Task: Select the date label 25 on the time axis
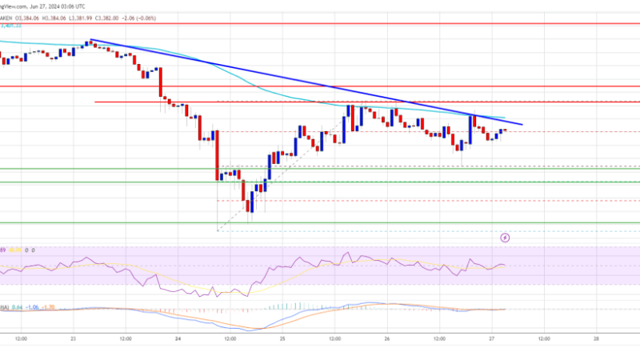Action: coord(282,338)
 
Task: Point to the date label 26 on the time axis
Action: coord(387,338)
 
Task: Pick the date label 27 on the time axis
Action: coord(492,338)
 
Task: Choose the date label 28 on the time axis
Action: coord(597,338)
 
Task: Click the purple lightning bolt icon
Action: coord(505,238)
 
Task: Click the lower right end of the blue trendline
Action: coord(522,125)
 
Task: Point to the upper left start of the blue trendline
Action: coord(90,40)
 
